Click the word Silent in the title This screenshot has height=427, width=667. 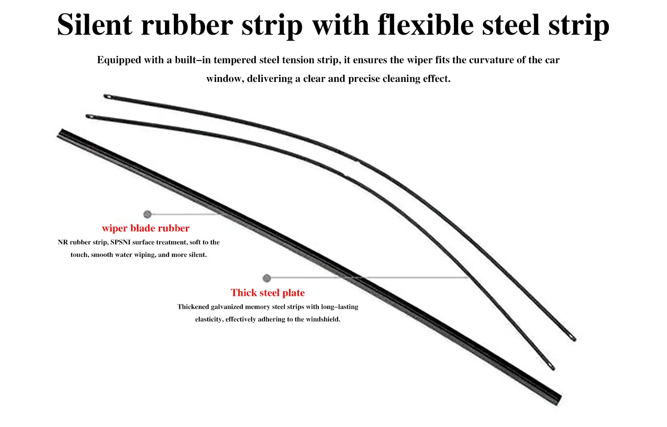click(x=94, y=25)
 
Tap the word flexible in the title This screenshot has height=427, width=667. click(x=426, y=25)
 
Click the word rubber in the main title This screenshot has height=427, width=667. click(x=187, y=25)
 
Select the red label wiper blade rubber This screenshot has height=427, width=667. click(x=145, y=228)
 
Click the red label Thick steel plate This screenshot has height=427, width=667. click(x=268, y=293)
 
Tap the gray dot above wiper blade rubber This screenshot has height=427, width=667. click(x=147, y=214)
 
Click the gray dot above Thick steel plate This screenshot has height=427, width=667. click(x=267, y=278)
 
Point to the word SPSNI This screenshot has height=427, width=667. click(x=121, y=242)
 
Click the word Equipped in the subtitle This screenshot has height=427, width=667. click(x=119, y=60)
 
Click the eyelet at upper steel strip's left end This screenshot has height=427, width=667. click(x=108, y=97)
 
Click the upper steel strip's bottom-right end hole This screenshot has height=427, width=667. click(x=573, y=338)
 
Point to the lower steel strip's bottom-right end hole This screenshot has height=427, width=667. click(x=551, y=366)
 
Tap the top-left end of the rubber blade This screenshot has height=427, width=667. click(x=60, y=133)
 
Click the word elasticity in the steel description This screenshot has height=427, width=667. click(x=209, y=319)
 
